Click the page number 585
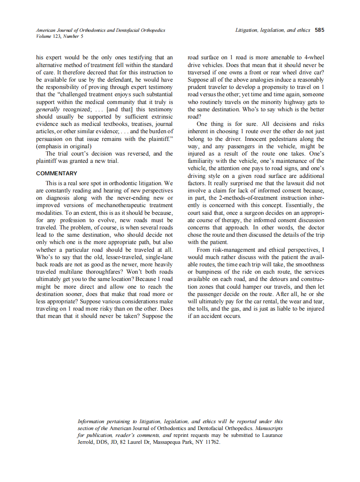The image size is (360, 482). click(x=319, y=31)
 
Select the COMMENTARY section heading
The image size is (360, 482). click(x=57, y=174)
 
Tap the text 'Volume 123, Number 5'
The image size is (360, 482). click(x=60, y=36)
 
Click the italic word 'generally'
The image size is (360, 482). click(x=48, y=109)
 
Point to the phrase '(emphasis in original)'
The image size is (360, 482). click(x=64, y=146)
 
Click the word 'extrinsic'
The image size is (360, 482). click(x=161, y=116)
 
